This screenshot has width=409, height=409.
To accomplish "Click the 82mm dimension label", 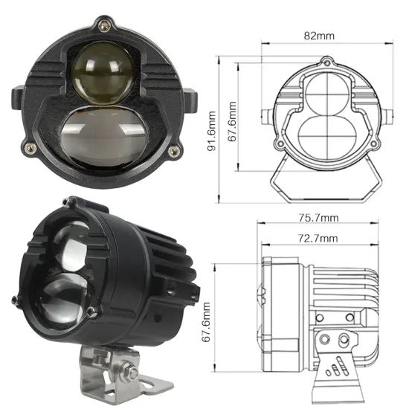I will click(321, 34).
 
